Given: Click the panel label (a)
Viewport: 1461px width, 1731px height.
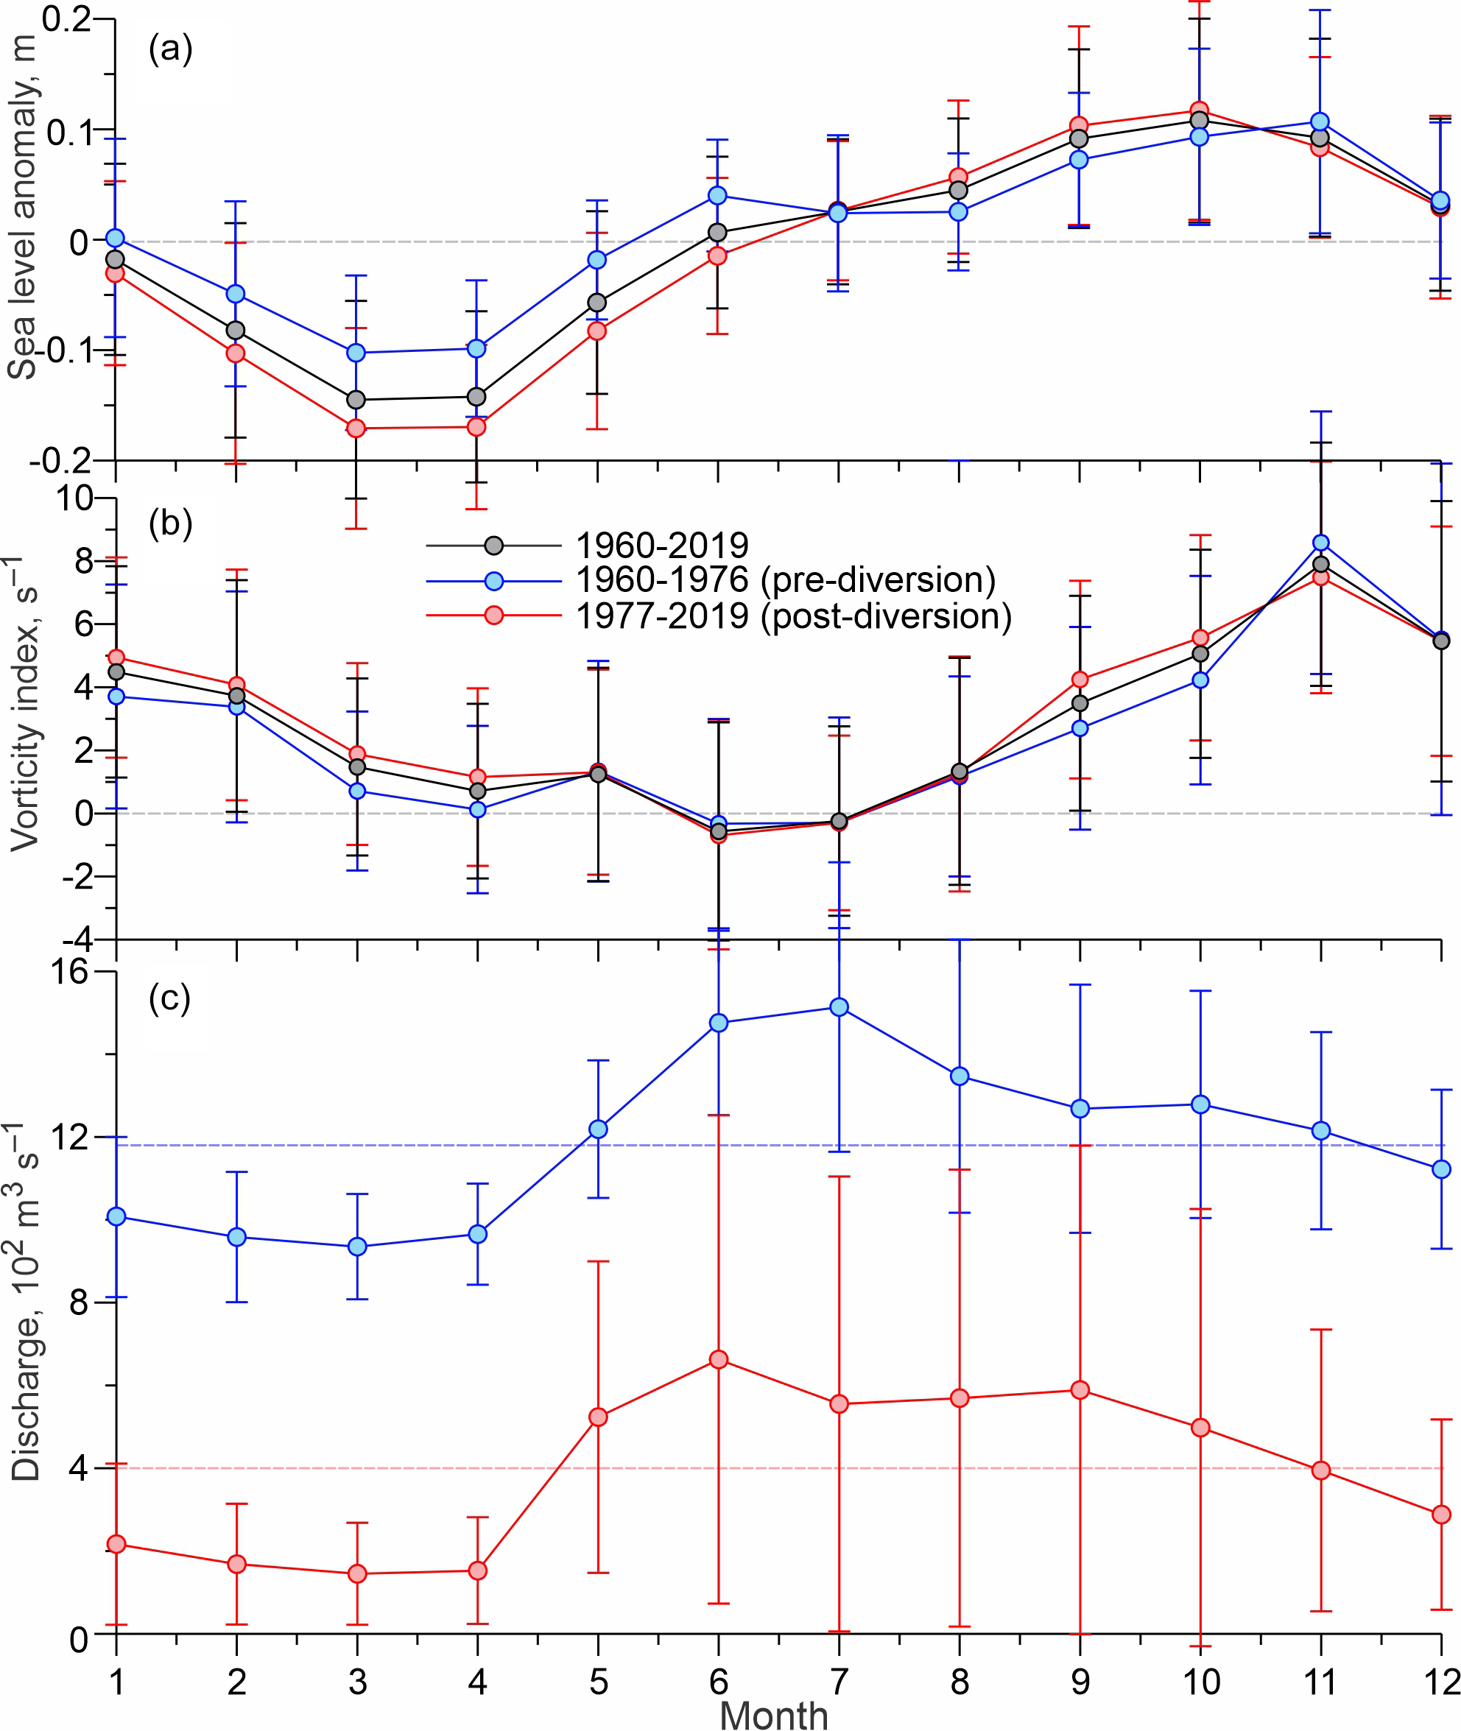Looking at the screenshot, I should pyautogui.click(x=170, y=49).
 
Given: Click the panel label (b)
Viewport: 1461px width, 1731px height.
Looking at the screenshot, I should pyautogui.click(x=170, y=523).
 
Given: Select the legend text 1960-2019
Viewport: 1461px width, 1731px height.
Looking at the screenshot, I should pyautogui.click(x=662, y=545).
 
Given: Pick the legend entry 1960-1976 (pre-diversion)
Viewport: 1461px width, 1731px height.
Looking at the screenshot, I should pyautogui.click(x=785, y=579).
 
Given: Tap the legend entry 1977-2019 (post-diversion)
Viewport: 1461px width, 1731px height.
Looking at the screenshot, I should pyautogui.click(x=793, y=616).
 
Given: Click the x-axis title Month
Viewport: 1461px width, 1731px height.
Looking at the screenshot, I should pyautogui.click(x=773, y=1711).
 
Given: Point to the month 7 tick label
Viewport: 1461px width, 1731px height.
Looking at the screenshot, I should pyautogui.click(x=839, y=1679).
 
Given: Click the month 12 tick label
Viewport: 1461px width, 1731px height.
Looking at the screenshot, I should pyautogui.click(x=1442, y=1679).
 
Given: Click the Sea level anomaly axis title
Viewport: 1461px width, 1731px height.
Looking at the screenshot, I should pyautogui.click(x=22, y=207).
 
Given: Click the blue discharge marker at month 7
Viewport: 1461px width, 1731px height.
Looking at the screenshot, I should pyautogui.click(x=839, y=1007).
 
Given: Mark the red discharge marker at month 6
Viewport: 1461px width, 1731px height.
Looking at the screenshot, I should pyautogui.click(x=719, y=1360).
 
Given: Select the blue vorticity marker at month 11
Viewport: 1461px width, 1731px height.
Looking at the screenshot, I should pyautogui.click(x=1321, y=543).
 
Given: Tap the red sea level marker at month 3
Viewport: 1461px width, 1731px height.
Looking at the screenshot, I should pyautogui.click(x=356, y=429).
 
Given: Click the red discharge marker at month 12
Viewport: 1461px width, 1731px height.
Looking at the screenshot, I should pyautogui.click(x=1441, y=1514).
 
